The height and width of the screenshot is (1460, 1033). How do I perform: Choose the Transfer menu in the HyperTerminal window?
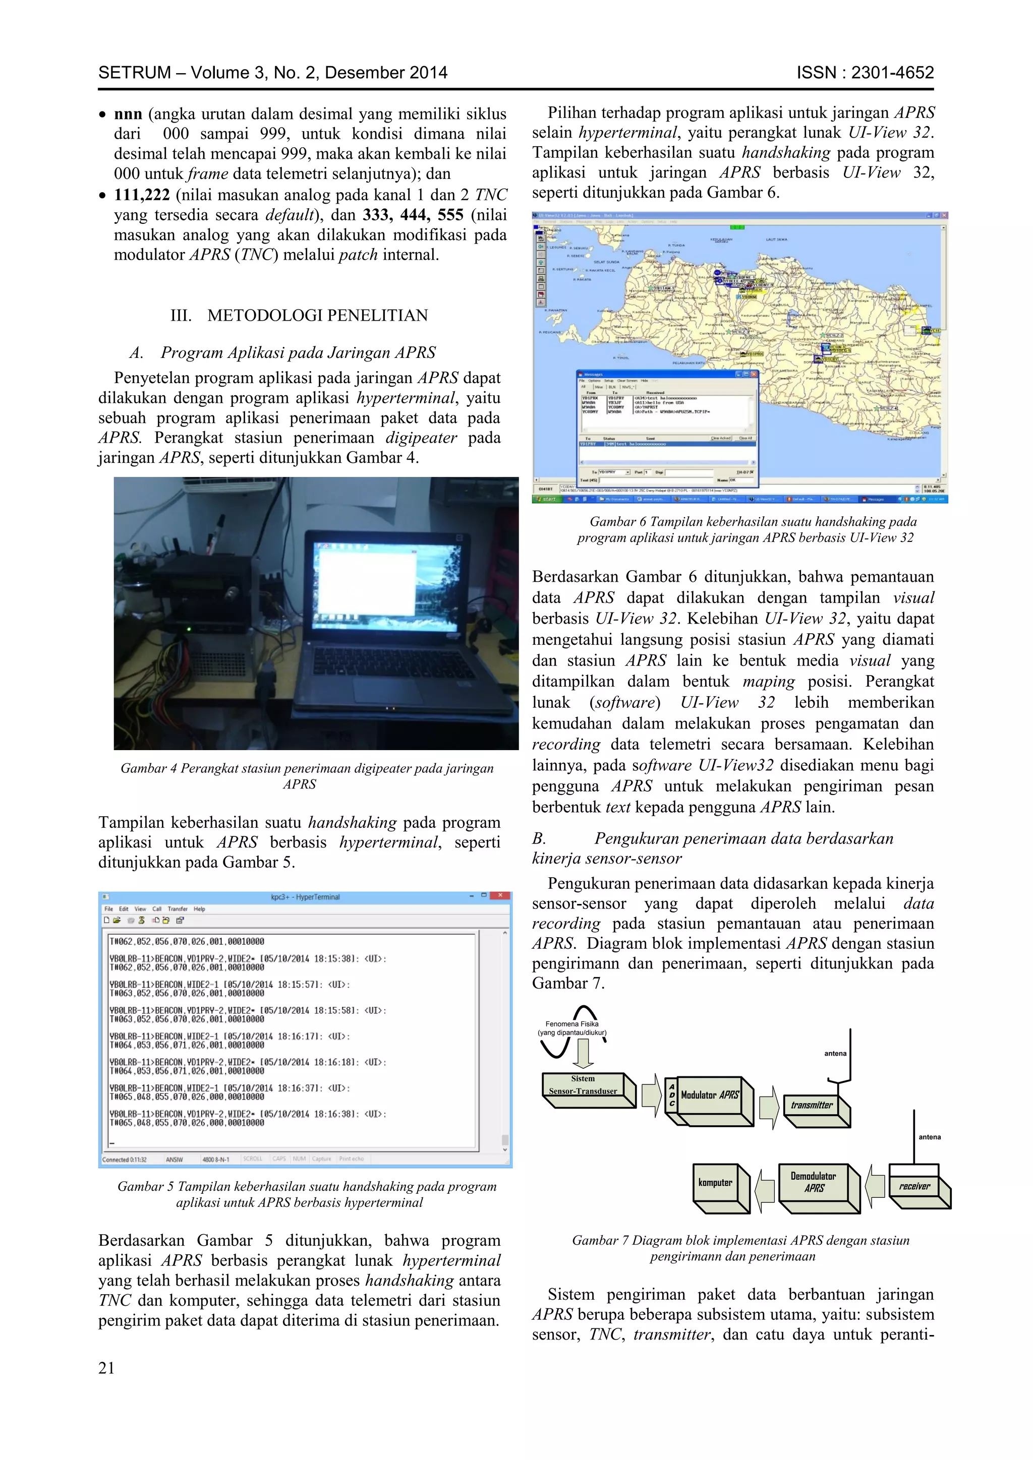click(x=178, y=908)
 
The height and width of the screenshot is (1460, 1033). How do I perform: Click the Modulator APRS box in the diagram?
click(x=709, y=1094)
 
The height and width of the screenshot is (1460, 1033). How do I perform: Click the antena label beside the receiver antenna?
click(x=929, y=1137)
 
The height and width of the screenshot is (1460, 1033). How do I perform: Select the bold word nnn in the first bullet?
click(x=128, y=114)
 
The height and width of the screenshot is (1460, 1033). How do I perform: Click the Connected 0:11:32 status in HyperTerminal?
click(x=125, y=1159)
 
